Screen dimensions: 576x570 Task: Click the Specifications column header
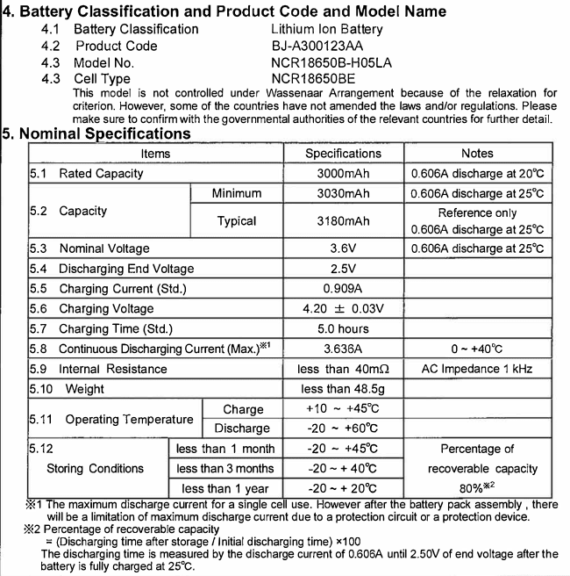tap(343, 154)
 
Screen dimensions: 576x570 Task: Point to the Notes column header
tap(477, 154)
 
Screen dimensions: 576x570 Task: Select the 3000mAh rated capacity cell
tap(343, 173)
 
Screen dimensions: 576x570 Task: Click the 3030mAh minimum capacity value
tap(343, 193)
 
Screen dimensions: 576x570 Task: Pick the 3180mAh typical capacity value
tap(343, 221)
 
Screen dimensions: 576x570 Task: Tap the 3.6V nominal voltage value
tap(343, 249)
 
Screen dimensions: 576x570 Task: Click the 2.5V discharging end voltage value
tap(343, 269)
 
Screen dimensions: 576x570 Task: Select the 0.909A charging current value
tap(343, 288)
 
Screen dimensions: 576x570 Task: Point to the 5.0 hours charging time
tap(343, 328)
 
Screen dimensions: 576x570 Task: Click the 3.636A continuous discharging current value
tap(343, 349)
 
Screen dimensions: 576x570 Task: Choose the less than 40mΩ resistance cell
tap(343, 369)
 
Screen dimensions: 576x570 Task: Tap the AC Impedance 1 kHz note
tap(477, 369)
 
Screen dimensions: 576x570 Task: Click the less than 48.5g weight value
tap(343, 389)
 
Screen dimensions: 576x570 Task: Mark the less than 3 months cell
tap(225, 469)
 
